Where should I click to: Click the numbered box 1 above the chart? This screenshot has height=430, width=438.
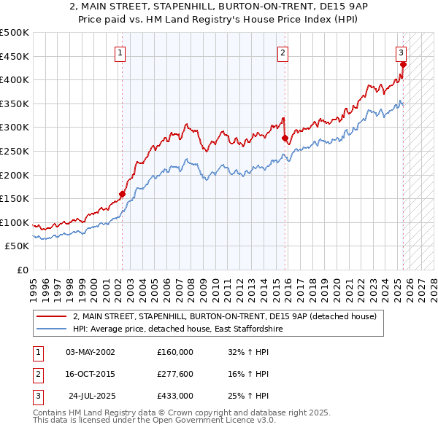pos(120,52)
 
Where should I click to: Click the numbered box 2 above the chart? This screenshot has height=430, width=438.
pos(283,52)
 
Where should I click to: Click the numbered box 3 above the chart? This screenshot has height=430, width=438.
pos(401,52)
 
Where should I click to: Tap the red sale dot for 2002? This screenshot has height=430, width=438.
pos(122,194)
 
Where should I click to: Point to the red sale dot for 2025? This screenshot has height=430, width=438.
pos(403,64)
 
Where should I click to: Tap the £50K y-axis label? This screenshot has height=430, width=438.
pos(18,246)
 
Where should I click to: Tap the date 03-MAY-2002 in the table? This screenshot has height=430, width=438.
pos(91,352)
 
